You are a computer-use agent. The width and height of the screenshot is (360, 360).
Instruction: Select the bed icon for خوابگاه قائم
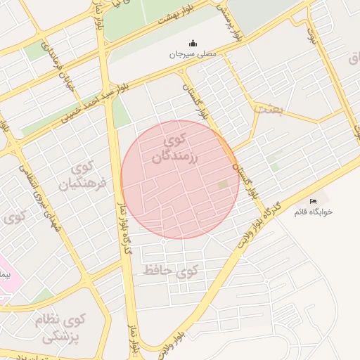(313, 202)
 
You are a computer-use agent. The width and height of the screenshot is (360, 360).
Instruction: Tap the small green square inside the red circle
(224, 184)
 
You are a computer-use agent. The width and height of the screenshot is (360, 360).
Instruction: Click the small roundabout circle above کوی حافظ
(163, 243)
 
